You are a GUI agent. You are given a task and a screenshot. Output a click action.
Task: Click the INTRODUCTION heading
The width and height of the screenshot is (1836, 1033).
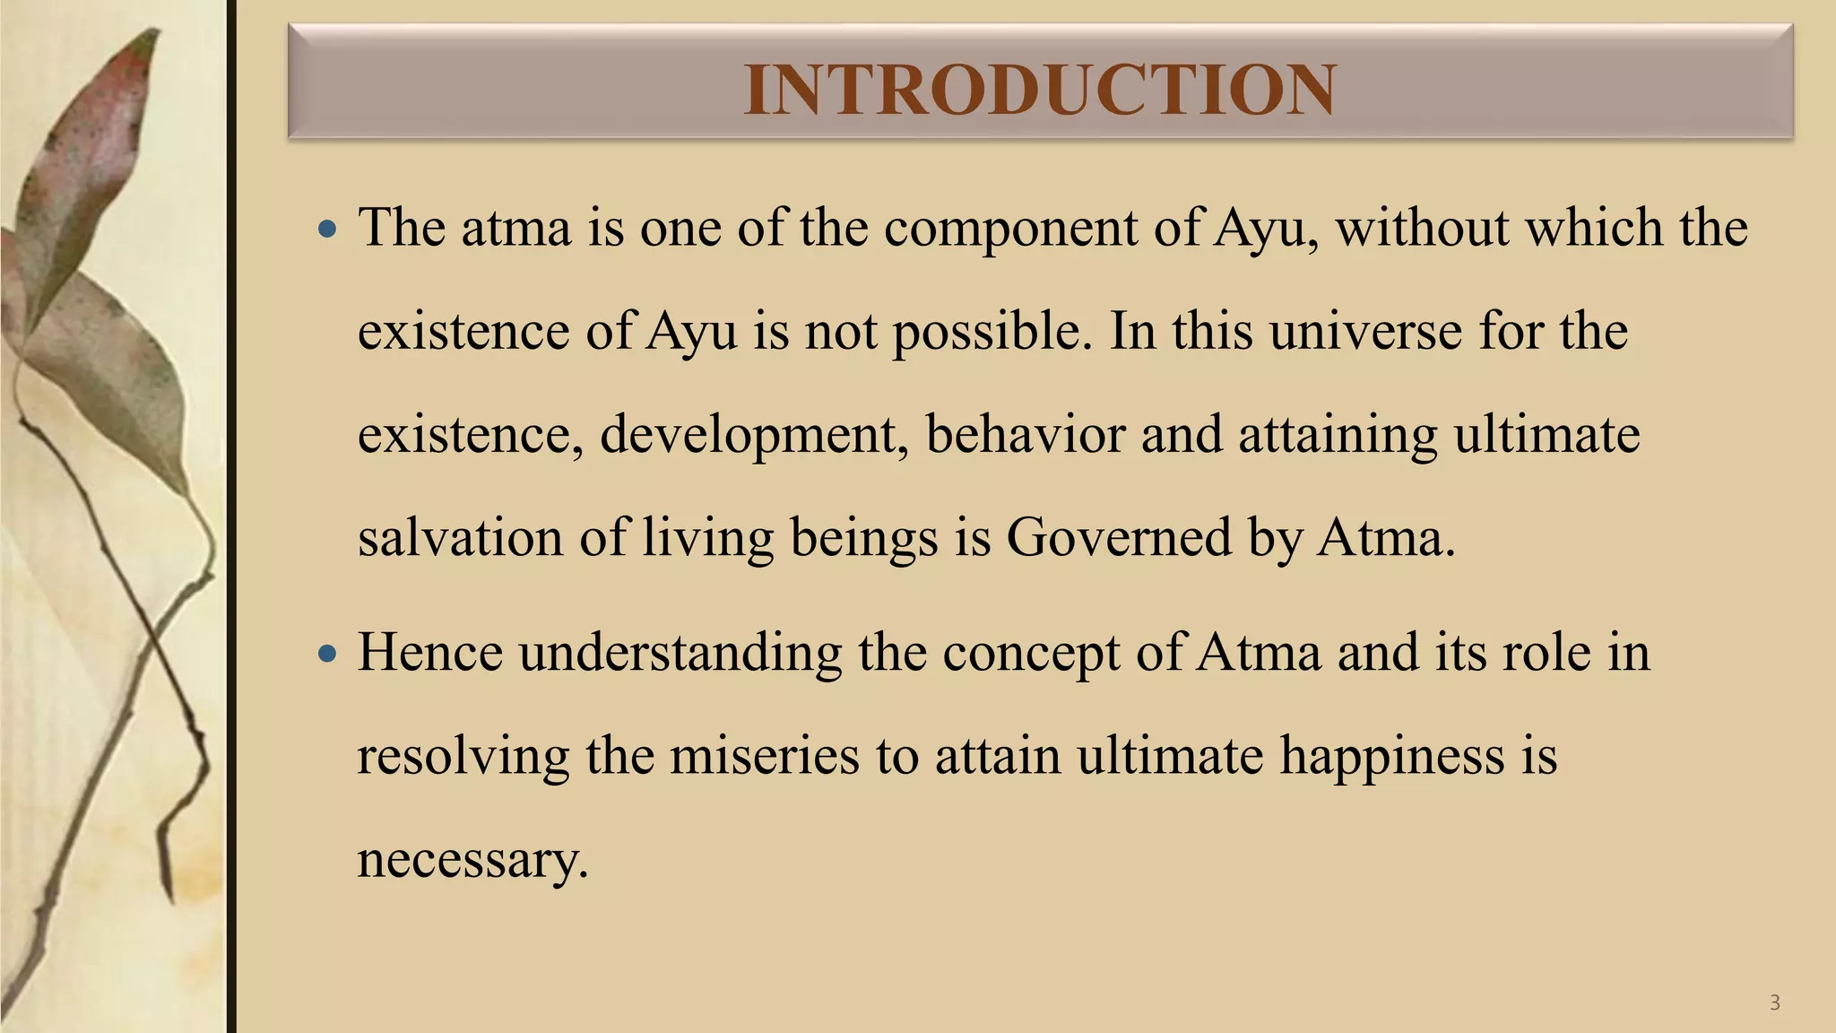(x=1040, y=90)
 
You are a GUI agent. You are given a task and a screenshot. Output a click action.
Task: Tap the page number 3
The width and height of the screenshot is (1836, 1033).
(x=1774, y=1003)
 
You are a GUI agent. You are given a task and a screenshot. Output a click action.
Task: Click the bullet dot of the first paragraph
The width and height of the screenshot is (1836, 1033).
(x=328, y=230)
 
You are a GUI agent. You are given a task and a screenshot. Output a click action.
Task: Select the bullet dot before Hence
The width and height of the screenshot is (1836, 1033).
(x=328, y=654)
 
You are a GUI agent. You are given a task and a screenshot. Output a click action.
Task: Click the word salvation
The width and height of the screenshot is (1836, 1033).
(x=460, y=538)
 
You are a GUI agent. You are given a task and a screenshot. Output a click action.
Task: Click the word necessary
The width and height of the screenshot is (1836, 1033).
(x=472, y=861)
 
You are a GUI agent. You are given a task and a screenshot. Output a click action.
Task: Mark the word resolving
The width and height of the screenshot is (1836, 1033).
(x=463, y=757)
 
